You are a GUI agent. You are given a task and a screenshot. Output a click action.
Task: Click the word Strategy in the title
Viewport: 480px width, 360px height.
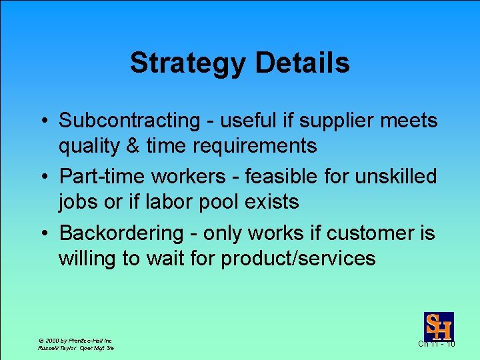point(188,63)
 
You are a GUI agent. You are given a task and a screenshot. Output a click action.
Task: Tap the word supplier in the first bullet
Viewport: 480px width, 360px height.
point(351,121)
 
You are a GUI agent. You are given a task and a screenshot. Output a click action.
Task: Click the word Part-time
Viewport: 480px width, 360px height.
point(101,177)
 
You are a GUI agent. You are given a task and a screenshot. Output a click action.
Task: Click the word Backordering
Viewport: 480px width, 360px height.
point(121,233)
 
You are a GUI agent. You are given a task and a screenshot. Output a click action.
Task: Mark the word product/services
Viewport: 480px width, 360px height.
point(298,258)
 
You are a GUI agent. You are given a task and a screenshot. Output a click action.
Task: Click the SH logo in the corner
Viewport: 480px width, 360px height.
point(439,326)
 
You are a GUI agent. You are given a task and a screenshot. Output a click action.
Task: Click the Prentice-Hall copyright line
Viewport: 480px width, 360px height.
point(75,340)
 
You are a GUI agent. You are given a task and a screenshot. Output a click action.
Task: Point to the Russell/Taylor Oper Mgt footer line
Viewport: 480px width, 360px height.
point(75,348)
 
